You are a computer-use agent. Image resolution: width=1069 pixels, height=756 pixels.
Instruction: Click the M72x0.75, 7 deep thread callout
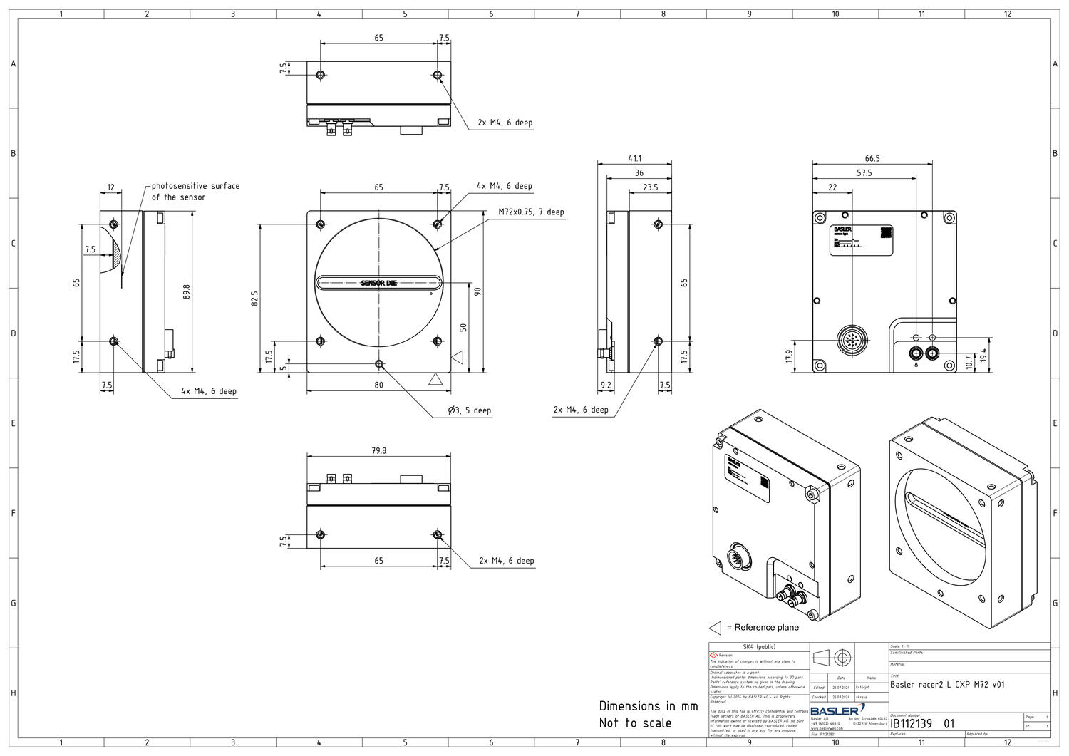tap(531, 212)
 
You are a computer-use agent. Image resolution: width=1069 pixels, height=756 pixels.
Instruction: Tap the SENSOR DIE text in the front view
tap(378, 284)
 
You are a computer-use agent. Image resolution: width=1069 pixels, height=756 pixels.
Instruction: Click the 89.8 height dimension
tap(187, 291)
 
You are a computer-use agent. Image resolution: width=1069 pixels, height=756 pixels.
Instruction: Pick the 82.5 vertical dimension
tap(254, 298)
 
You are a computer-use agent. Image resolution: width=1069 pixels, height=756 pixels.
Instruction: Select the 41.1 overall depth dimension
tap(634, 158)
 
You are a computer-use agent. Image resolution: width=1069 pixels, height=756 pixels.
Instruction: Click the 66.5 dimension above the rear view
tap(872, 158)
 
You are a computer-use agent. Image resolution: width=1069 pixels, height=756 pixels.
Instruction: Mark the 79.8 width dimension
tap(378, 450)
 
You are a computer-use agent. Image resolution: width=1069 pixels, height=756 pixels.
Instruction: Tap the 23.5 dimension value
tap(650, 187)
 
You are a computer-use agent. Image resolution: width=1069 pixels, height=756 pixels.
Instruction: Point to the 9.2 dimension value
tap(606, 385)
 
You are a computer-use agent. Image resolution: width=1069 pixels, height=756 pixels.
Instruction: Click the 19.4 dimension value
tap(983, 354)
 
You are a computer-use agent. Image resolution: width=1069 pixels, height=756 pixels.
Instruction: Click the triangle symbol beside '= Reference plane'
tap(715, 628)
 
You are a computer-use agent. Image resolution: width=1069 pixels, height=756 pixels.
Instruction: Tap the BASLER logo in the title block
tap(837, 710)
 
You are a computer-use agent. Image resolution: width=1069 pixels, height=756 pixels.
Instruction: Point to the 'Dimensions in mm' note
tap(648, 706)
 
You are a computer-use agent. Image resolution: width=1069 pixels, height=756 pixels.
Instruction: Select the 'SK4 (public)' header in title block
tap(759, 647)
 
